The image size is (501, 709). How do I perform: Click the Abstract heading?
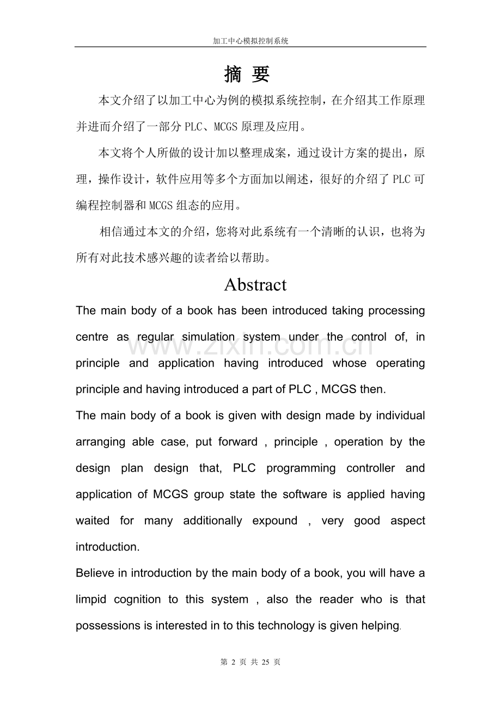(255, 285)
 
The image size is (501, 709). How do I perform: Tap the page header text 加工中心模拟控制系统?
(250, 41)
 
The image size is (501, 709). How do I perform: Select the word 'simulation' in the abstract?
(209, 337)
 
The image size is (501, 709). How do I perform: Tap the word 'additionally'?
(213, 521)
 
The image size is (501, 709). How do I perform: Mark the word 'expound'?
(274, 521)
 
